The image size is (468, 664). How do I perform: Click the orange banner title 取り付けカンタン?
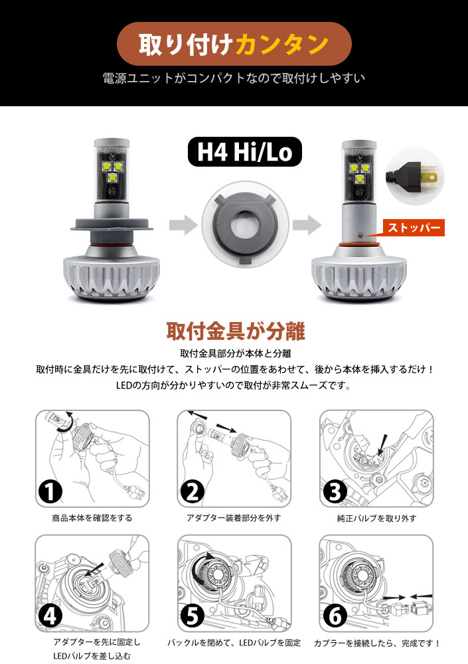(234, 44)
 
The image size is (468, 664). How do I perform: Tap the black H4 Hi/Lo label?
(244, 151)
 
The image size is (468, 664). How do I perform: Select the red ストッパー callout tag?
(414, 227)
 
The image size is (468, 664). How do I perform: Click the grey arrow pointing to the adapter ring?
(183, 225)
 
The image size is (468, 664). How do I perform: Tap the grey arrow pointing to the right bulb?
(307, 225)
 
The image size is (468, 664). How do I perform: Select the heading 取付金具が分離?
(236, 331)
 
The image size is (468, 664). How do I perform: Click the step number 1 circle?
(50, 492)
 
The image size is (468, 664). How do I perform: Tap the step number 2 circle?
(192, 492)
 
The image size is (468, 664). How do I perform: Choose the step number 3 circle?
(335, 492)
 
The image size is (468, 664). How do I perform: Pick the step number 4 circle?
(50, 616)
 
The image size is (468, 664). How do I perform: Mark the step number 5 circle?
(192, 616)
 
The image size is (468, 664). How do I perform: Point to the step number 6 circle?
(335, 616)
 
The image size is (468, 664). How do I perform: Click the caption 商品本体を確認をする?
(92, 518)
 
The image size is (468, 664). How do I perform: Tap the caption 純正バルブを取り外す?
(376, 518)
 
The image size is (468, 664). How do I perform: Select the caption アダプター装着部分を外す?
(234, 518)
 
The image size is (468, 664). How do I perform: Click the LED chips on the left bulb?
(111, 171)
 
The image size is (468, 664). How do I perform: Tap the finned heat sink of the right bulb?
(359, 278)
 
